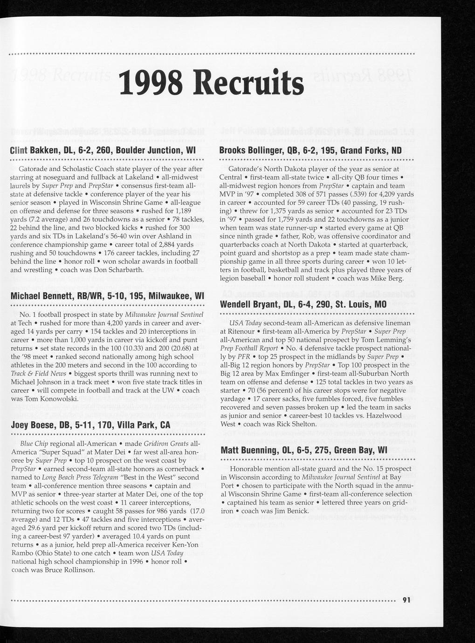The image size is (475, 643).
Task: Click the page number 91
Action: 406,600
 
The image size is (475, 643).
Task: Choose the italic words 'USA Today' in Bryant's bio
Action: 245,323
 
